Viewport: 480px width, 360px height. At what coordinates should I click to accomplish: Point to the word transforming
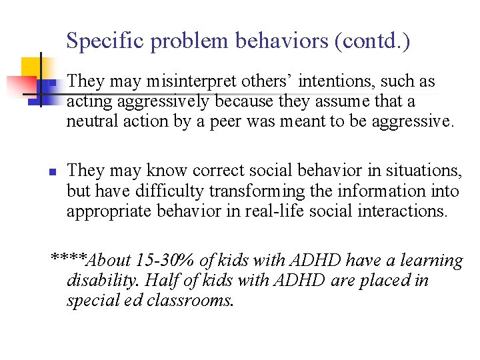coord(249,191)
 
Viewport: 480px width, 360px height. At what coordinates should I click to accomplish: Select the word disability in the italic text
coord(102,280)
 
